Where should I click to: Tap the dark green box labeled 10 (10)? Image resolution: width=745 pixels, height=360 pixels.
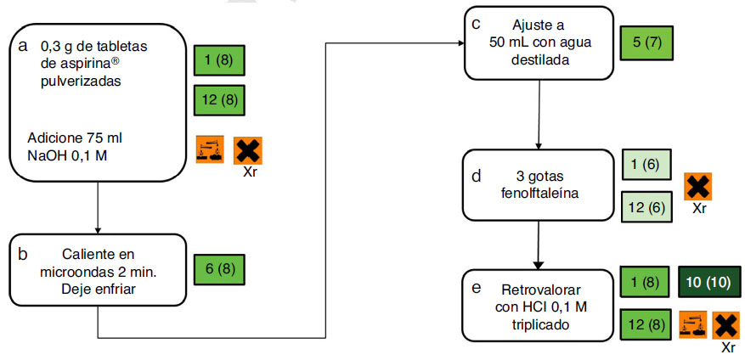pos(710,282)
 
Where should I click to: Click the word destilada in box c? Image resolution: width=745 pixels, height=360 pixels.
pos(539,60)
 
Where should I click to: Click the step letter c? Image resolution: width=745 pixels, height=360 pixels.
pos(477,24)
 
